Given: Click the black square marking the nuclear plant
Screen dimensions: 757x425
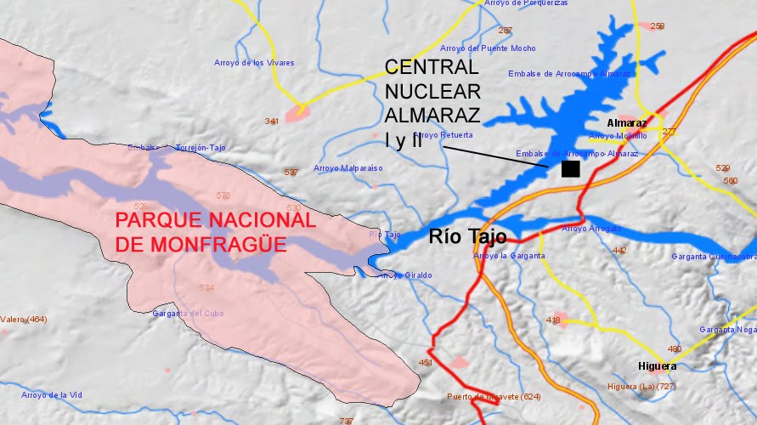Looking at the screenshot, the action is point(571,168).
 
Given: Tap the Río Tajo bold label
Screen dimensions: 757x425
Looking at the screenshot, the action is point(467,237).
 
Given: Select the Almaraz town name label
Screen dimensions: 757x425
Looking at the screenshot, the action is point(627,122).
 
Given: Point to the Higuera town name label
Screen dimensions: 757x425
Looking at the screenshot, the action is point(658,366).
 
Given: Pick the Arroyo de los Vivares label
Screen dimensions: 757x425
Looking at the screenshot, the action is point(254,63).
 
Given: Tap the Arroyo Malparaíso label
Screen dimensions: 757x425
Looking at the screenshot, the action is point(348,168).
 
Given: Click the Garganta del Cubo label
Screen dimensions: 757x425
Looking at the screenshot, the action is point(188,314).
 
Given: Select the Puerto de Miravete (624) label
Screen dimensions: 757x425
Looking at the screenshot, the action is point(494,397).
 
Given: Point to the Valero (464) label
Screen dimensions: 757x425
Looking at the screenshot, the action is point(24,320).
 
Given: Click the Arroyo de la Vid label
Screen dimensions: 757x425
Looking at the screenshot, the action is point(52,395).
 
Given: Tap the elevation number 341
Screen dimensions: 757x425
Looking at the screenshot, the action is point(272,122).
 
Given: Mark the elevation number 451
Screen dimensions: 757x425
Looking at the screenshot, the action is point(426,363).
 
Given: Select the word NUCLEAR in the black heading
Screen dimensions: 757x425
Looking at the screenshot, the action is point(432,90).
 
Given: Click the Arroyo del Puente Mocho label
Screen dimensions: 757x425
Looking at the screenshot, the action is point(488,48).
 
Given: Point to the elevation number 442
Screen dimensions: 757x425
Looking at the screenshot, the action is point(619,250).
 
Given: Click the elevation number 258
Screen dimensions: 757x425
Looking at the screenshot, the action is point(657,26).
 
